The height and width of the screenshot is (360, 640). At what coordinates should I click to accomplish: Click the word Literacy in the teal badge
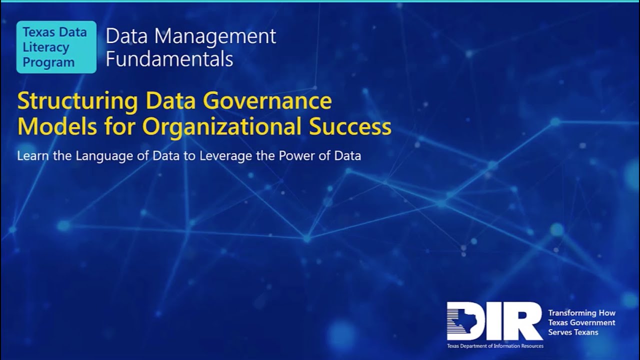(46, 47)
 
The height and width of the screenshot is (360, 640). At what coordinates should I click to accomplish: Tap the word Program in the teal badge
(49, 62)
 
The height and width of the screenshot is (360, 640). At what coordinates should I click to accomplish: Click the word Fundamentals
(169, 59)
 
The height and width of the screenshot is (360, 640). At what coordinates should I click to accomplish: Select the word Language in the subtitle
(104, 155)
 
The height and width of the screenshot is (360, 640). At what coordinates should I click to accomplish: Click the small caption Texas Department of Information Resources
(495, 345)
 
